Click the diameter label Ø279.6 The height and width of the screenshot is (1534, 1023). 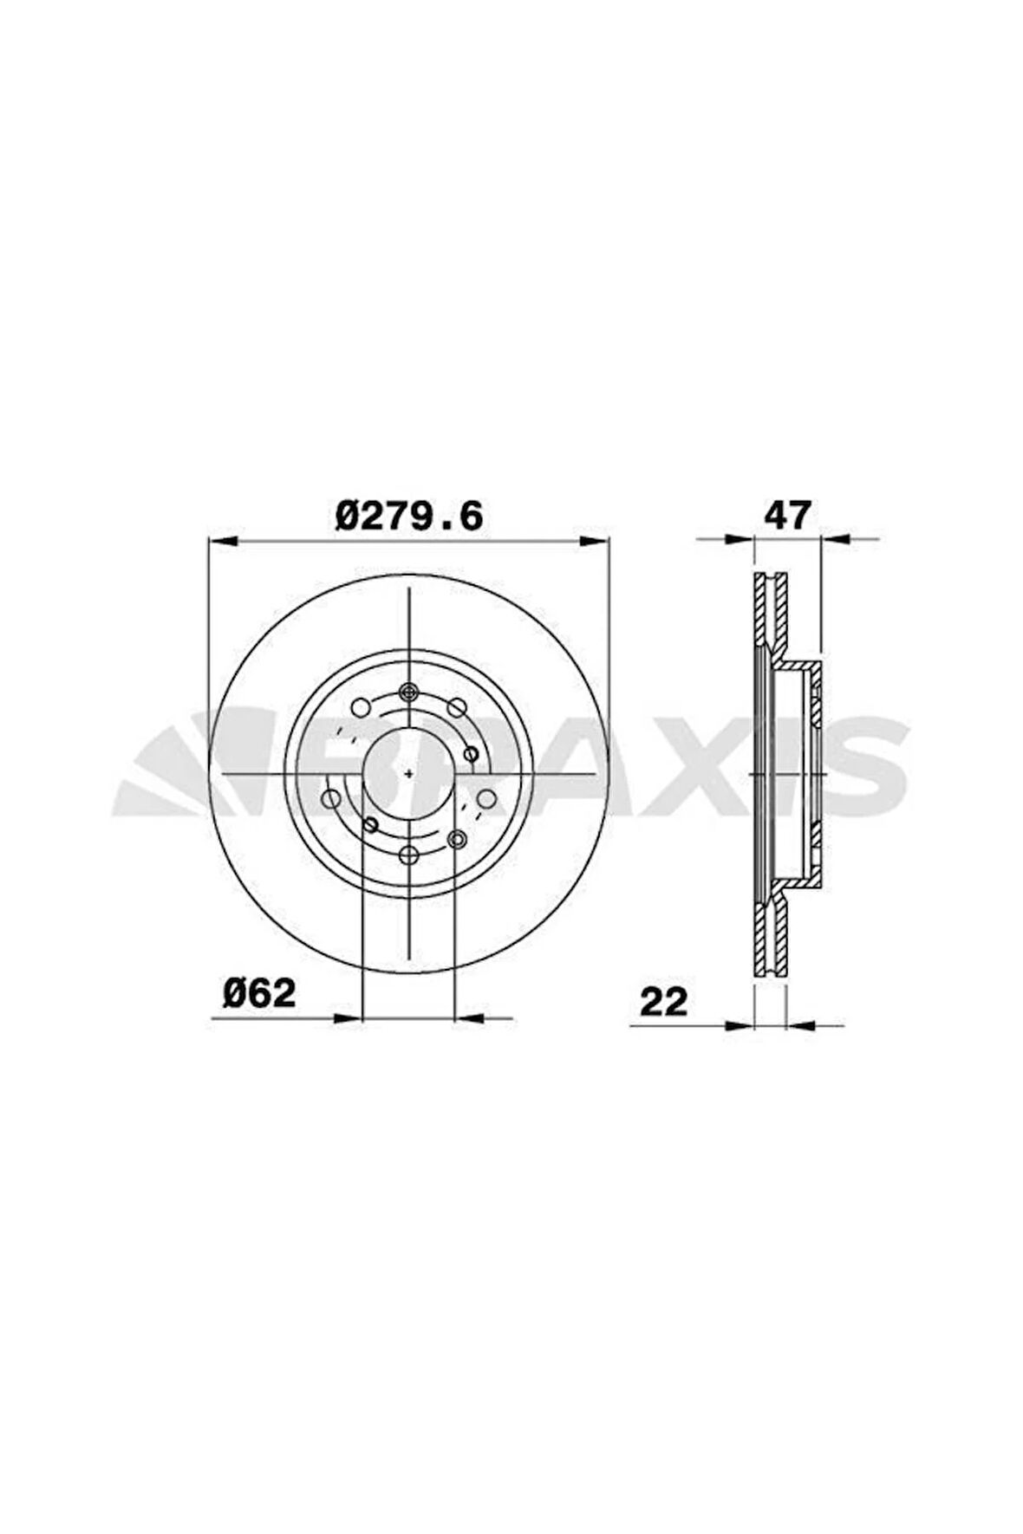point(408,517)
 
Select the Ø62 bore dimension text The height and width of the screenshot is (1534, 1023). point(259,993)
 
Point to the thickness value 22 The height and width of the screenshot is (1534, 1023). point(663,1002)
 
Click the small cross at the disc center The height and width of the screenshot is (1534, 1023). point(409,771)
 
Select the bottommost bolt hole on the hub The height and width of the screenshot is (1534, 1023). point(409,855)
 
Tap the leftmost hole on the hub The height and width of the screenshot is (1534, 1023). point(331,798)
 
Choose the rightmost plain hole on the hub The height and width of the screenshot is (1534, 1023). point(487,798)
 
